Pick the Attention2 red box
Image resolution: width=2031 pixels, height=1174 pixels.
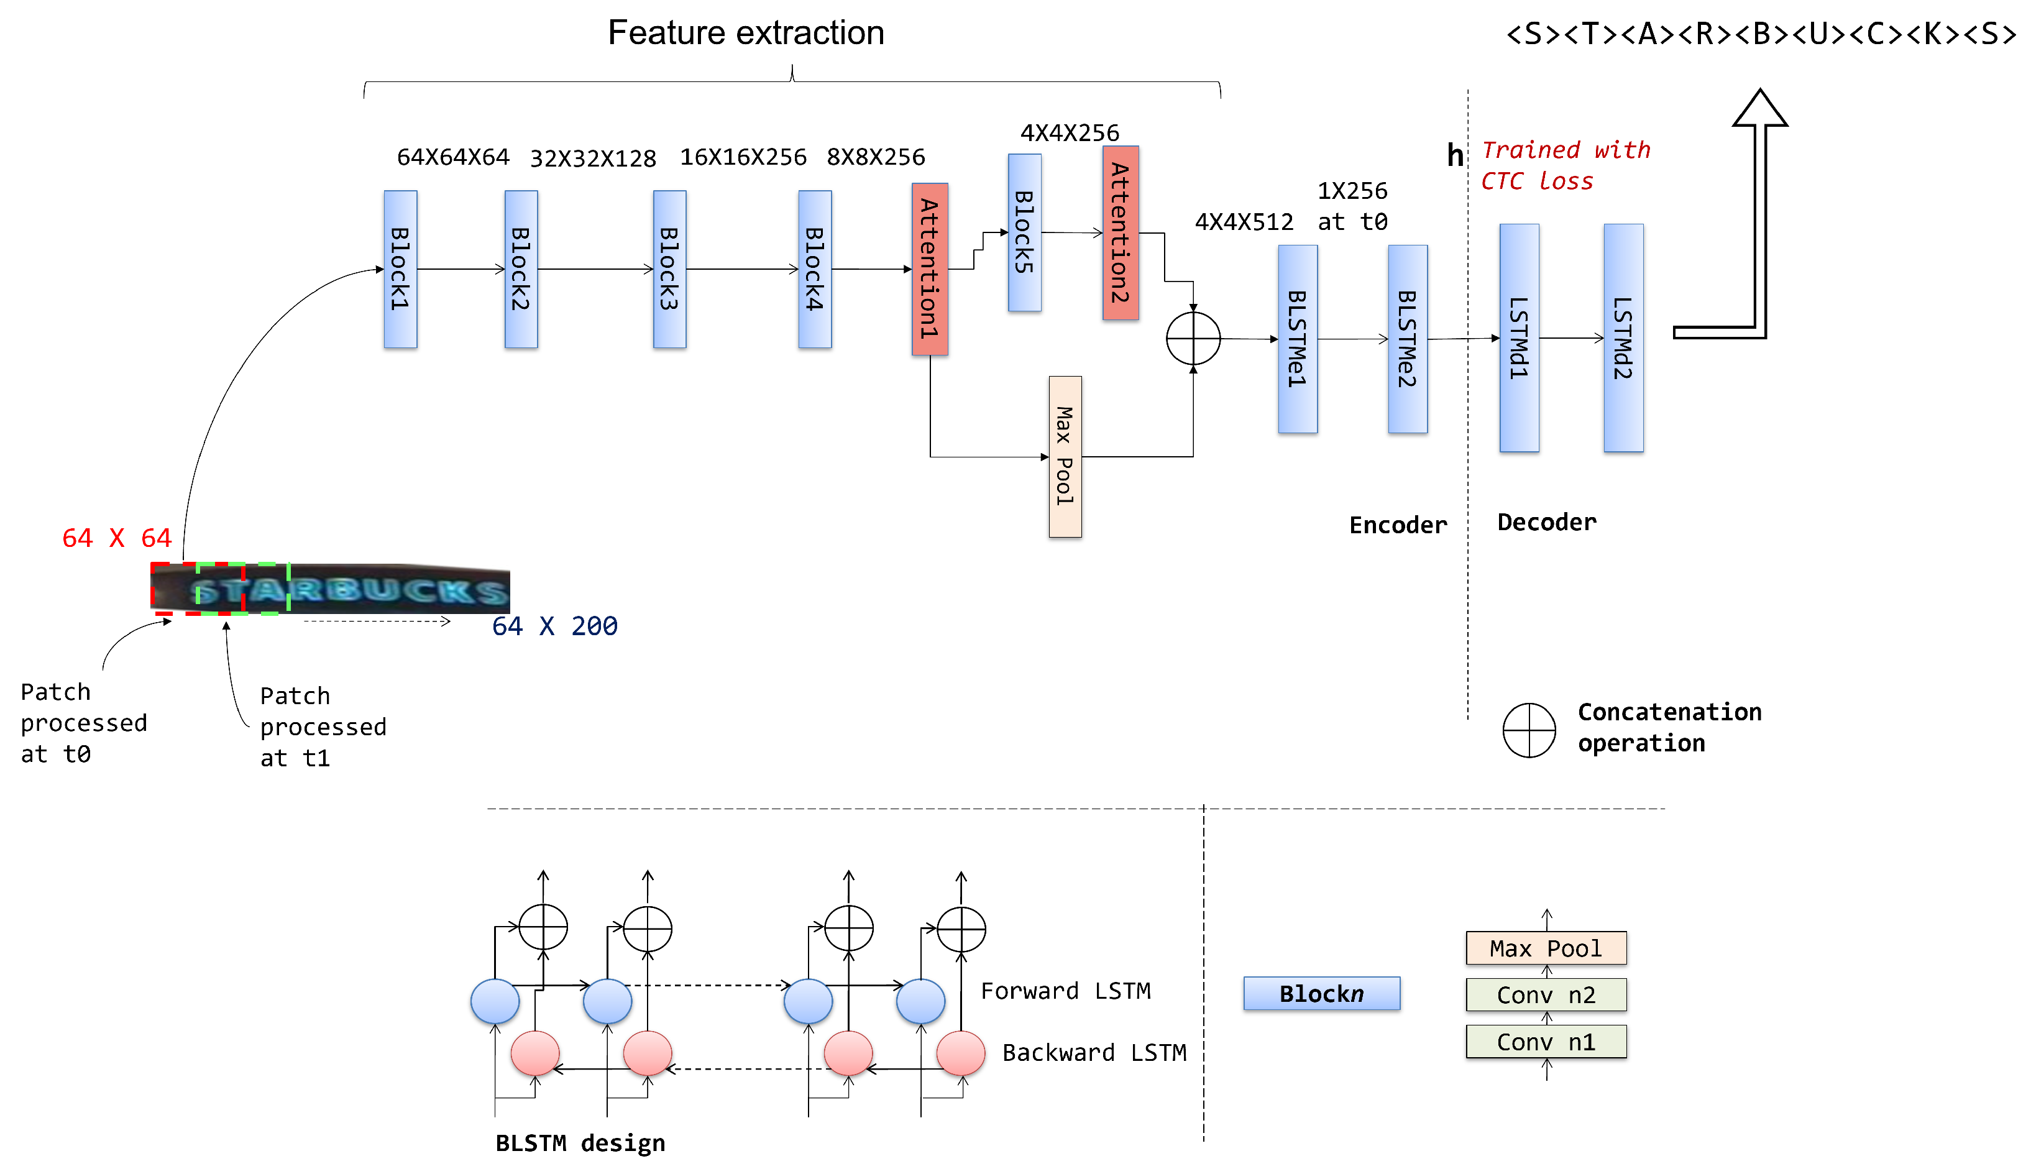tap(1121, 233)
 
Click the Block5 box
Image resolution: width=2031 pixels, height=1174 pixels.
tap(1024, 233)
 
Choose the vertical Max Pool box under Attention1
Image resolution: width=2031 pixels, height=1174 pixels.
tap(1065, 456)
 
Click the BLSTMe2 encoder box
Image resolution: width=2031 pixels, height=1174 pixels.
tap(1407, 339)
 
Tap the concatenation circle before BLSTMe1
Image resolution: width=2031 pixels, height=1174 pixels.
tap(1193, 339)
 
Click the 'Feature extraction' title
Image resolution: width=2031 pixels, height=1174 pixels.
tap(746, 33)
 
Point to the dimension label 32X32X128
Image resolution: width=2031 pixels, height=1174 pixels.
tap(592, 158)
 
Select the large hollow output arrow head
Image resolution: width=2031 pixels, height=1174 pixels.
tap(1759, 111)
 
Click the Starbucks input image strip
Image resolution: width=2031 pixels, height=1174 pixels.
tap(331, 589)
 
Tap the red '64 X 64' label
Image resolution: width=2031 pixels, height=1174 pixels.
tap(117, 538)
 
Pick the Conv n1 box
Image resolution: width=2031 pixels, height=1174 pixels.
tap(1546, 1042)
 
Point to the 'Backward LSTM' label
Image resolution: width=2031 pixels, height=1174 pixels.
tap(1094, 1052)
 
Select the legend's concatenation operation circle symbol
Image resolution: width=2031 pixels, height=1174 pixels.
tap(1528, 730)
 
